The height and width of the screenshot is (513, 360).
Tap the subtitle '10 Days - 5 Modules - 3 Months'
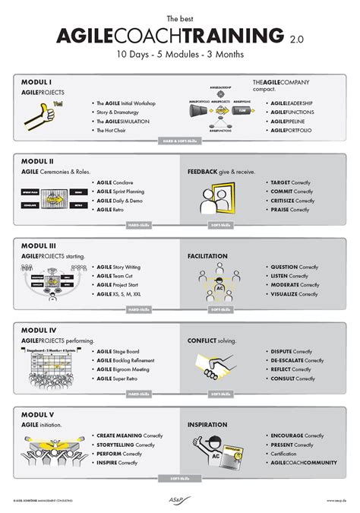(179, 55)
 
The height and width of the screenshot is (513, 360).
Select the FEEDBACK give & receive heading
(223, 172)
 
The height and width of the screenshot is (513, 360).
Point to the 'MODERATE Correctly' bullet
(295, 286)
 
